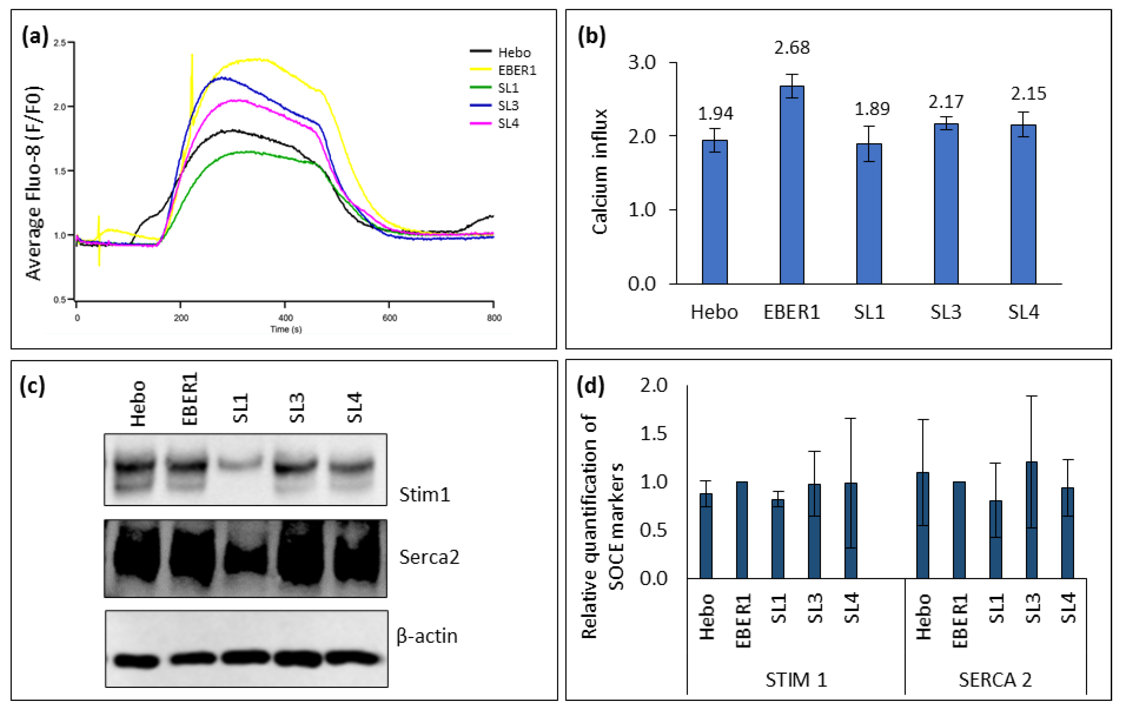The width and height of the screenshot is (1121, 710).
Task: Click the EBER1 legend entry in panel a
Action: click(x=517, y=70)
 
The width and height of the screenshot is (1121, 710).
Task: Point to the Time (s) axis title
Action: click(x=286, y=329)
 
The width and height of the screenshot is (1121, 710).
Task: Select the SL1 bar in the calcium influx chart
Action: click(x=869, y=214)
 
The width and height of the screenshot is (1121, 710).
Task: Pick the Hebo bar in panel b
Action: click(x=714, y=212)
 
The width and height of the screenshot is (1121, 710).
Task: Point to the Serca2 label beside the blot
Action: click(x=429, y=557)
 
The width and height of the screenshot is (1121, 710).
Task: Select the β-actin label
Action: click(x=427, y=636)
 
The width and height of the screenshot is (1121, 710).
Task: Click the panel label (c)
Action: click(x=32, y=386)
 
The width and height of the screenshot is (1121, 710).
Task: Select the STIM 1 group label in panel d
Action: click(x=796, y=680)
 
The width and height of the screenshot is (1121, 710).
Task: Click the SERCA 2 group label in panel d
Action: click(x=995, y=680)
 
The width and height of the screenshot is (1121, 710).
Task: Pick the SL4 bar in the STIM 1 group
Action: click(x=850, y=531)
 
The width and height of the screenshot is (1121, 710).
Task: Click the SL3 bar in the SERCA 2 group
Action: click(x=1032, y=521)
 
